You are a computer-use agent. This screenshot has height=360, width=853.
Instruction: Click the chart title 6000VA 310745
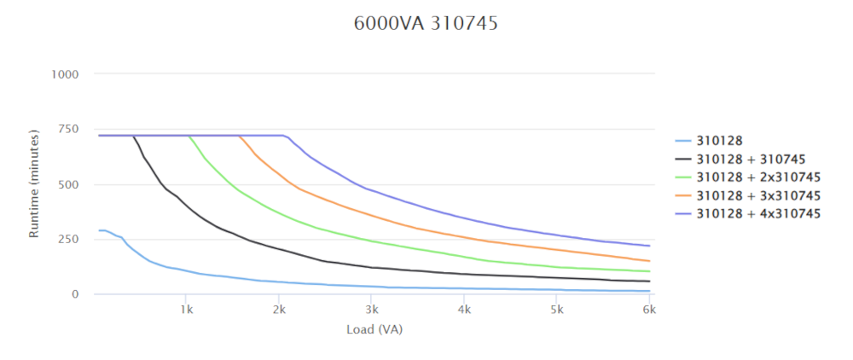coord(426,23)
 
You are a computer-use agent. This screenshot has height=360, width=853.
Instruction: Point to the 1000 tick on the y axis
coord(65,74)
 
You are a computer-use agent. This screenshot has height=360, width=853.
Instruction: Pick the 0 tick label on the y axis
coord(75,294)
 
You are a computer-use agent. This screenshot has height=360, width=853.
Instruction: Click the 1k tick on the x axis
coord(186,309)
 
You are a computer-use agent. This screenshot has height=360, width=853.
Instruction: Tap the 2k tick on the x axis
coord(278,309)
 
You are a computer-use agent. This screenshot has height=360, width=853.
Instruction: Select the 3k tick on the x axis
coord(371,309)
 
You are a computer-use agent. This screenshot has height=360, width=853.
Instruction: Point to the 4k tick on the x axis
coord(463,309)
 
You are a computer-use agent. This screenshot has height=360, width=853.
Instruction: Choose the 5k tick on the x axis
coord(556,309)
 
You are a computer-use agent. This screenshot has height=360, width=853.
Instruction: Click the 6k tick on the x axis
coord(648,309)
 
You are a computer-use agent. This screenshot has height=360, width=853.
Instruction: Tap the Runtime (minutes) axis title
coord(35,184)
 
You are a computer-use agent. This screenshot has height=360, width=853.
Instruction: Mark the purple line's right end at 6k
coord(649,246)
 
